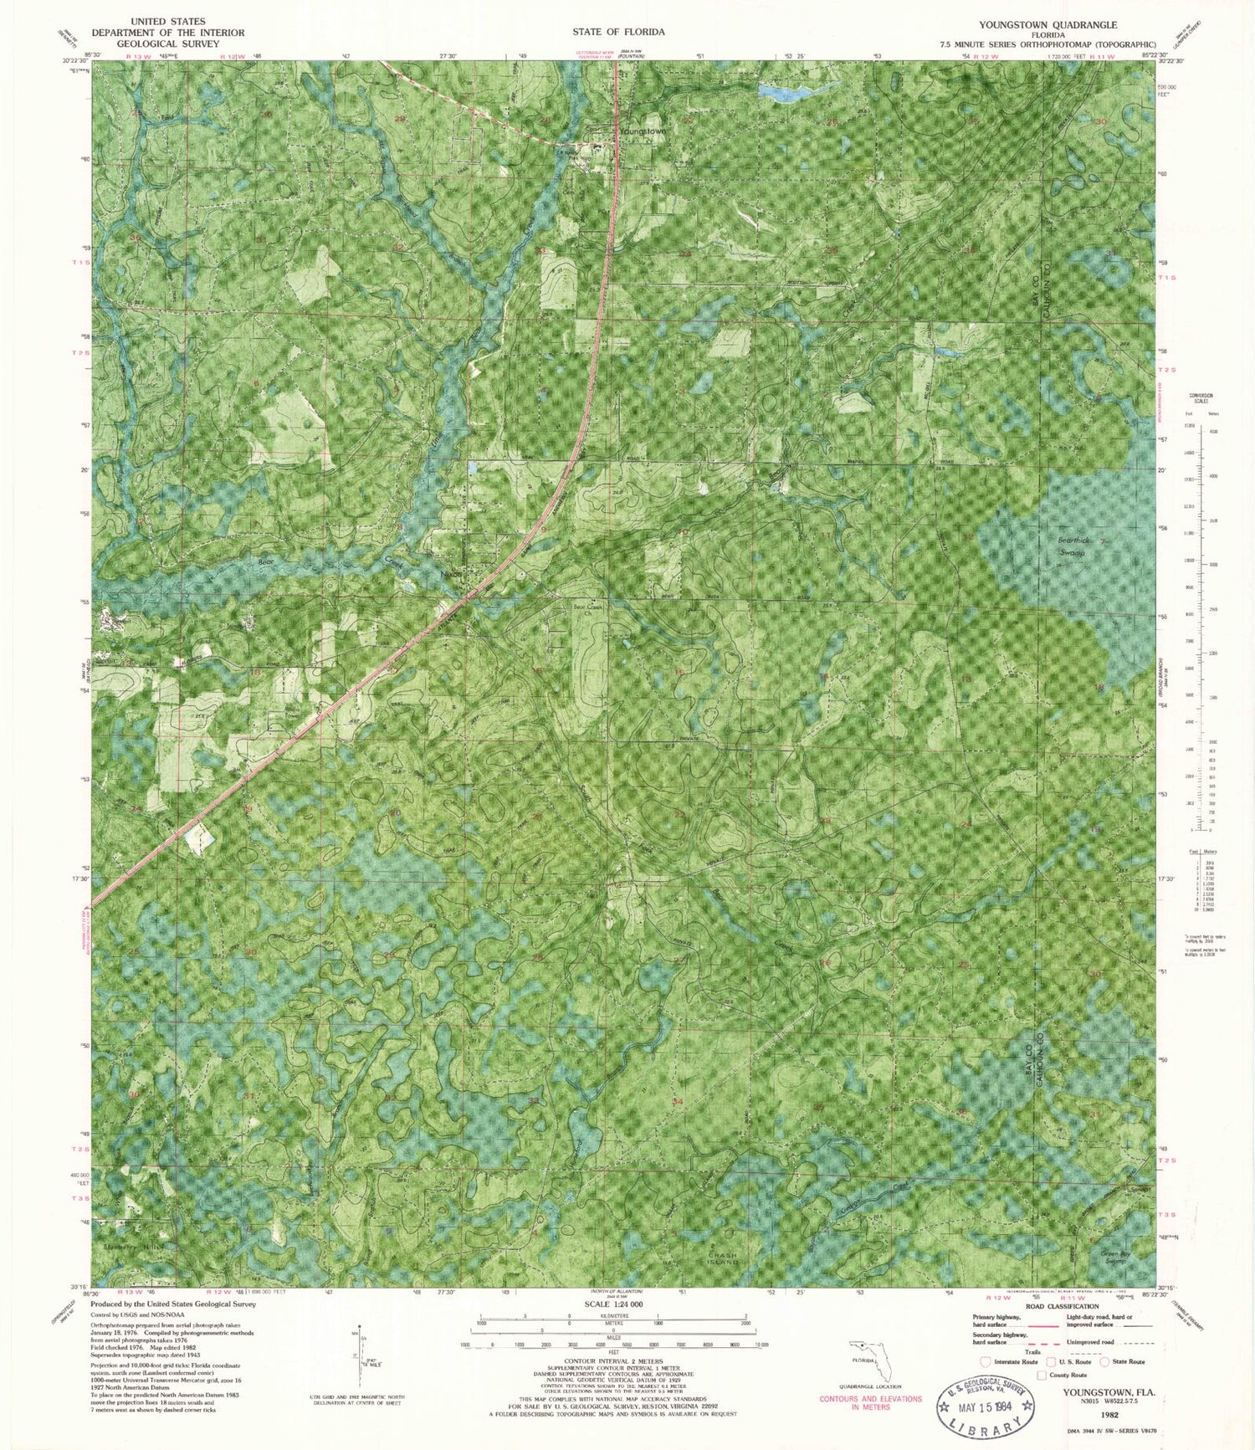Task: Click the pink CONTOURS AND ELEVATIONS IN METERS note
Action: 870,1403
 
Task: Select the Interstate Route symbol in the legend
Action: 986,1361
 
